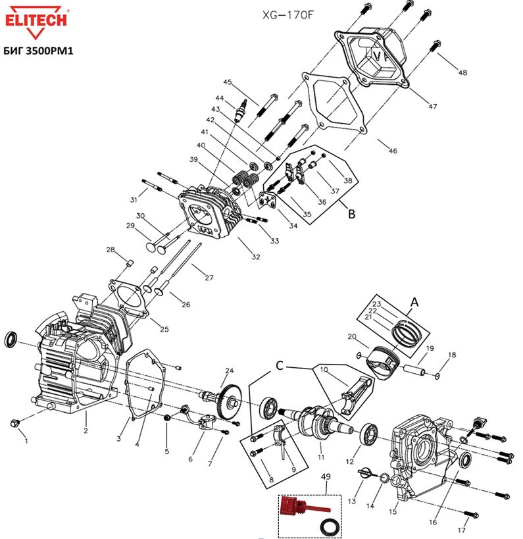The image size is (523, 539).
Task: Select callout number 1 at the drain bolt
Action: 24,436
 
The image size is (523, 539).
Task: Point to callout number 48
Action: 463,72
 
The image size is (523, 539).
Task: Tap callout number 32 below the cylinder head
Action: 257,257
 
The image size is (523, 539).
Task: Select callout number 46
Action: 392,151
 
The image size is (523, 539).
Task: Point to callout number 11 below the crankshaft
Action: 320,456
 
